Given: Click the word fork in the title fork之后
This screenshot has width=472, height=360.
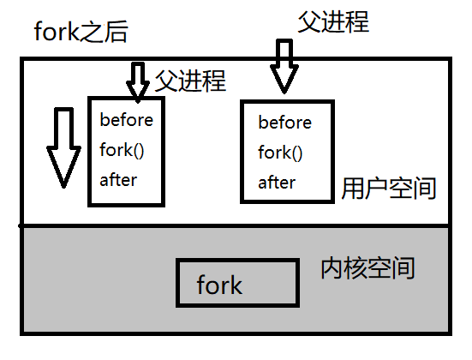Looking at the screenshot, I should click(x=57, y=33).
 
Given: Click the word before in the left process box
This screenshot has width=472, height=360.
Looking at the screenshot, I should click(x=125, y=119).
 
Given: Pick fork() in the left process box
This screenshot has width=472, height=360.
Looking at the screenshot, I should click(x=121, y=150).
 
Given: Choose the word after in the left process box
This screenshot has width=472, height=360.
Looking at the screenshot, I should click(x=118, y=180).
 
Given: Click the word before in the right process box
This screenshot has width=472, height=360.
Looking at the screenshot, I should click(x=284, y=123).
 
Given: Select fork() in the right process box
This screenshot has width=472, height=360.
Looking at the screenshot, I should click(x=280, y=153).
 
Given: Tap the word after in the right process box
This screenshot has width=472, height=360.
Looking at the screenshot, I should click(x=277, y=183).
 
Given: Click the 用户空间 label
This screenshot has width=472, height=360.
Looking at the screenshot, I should click(x=389, y=188).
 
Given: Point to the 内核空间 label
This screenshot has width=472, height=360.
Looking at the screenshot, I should click(x=367, y=268).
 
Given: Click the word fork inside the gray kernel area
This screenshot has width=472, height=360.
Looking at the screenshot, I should click(x=219, y=285).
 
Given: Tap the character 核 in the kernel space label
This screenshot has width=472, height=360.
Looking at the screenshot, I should click(x=355, y=268).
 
